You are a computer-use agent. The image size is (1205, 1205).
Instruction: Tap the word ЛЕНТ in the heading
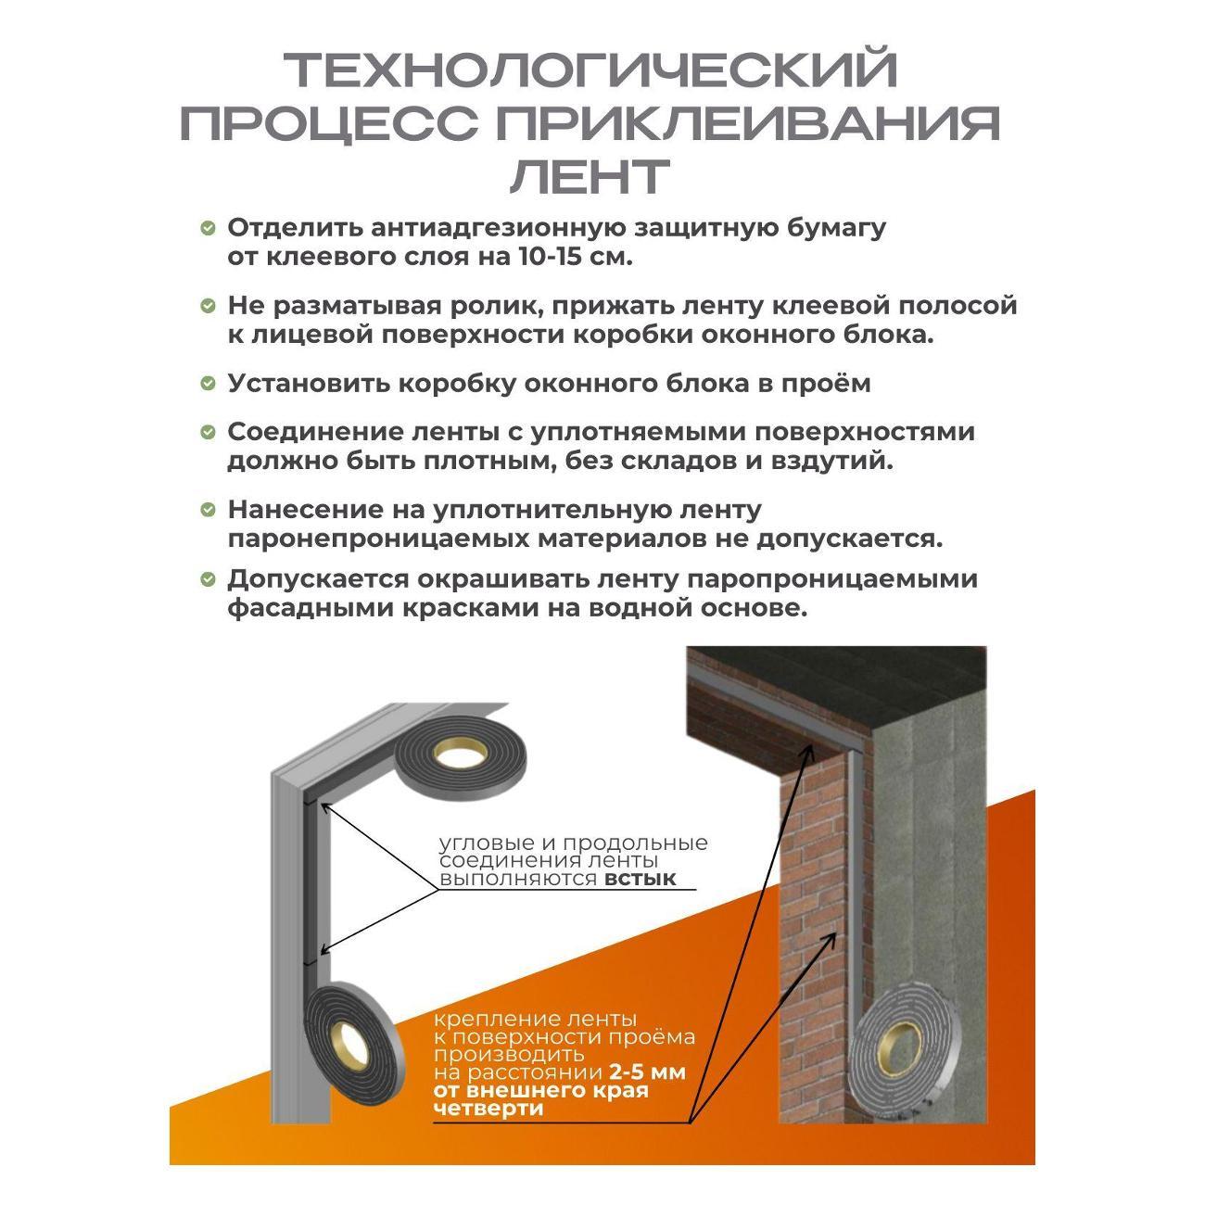tap(590, 176)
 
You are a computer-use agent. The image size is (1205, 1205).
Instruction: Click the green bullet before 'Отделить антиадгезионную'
tap(208, 228)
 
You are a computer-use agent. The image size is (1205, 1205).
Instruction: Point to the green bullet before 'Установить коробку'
tap(208, 384)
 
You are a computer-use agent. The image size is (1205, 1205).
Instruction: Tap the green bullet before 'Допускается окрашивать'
tap(208, 579)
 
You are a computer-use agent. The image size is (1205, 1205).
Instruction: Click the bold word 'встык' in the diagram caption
tap(640, 879)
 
